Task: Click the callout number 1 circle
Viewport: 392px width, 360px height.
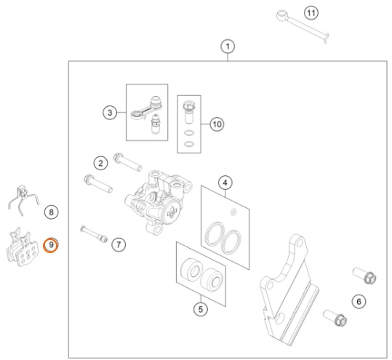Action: click(x=228, y=47)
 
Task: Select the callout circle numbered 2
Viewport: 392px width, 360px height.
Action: click(x=101, y=163)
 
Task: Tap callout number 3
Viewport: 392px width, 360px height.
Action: click(x=110, y=113)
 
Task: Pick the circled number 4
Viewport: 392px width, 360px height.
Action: click(x=225, y=183)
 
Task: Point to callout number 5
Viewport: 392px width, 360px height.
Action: click(x=201, y=310)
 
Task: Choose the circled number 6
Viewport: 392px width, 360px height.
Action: click(x=359, y=302)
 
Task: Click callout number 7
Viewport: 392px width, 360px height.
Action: click(x=119, y=244)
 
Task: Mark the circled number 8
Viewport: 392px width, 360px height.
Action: click(x=51, y=212)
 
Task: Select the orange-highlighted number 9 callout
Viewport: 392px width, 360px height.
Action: click(x=51, y=245)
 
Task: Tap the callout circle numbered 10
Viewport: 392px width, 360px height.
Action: click(x=217, y=124)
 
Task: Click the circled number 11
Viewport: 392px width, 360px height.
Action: click(x=311, y=12)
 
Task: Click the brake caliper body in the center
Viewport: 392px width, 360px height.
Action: click(x=159, y=202)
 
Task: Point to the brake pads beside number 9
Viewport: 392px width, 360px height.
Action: click(x=23, y=247)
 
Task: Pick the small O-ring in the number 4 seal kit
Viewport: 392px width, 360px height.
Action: click(x=233, y=212)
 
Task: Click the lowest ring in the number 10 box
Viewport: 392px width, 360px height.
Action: click(x=189, y=144)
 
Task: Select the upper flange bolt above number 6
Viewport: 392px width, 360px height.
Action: click(x=364, y=275)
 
